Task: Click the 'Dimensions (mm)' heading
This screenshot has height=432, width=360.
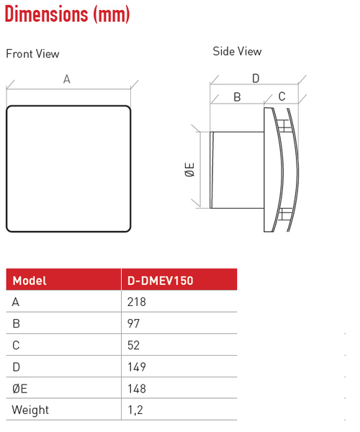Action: (x=58, y=14)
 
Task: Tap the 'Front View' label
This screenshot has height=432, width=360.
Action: (x=32, y=54)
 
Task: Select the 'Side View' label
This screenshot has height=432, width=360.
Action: (x=237, y=52)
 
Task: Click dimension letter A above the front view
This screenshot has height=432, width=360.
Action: (x=67, y=80)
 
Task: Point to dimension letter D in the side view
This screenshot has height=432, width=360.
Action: (x=255, y=78)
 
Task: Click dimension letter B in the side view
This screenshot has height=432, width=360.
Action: (x=237, y=97)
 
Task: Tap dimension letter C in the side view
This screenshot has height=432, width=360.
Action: (x=282, y=96)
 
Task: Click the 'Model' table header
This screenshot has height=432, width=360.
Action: (x=30, y=281)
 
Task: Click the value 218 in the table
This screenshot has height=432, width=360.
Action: (x=136, y=302)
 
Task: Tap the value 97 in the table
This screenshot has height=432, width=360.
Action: (x=133, y=324)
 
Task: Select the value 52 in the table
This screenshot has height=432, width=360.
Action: (x=133, y=346)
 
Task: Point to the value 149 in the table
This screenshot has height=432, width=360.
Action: (x=136, y=367)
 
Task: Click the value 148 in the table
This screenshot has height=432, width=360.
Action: (x=136, y=389)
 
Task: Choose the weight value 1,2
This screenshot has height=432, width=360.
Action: (x=134, y=410)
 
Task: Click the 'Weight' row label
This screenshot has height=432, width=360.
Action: (x=31, y=410)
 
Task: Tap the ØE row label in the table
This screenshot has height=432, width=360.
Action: (x=21, y=389)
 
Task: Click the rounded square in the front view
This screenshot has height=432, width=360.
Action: (x=68, y=169)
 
